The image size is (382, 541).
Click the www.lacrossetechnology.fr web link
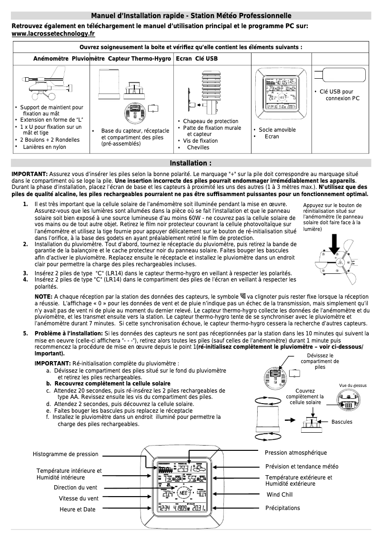53,34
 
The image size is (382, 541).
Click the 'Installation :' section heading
191,163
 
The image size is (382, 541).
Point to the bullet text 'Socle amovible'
277,130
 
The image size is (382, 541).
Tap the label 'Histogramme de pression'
65,454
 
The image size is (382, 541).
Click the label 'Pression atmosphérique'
296,452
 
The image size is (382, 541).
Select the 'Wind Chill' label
279,495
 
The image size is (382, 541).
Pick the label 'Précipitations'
282,508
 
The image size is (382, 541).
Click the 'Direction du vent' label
75,488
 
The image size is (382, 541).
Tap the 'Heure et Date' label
77,510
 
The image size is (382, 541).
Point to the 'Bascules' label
342,422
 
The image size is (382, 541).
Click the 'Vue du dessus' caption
352,385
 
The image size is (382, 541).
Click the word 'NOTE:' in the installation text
44,296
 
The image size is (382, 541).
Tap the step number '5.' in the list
25,333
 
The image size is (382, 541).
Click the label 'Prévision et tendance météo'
302,466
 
